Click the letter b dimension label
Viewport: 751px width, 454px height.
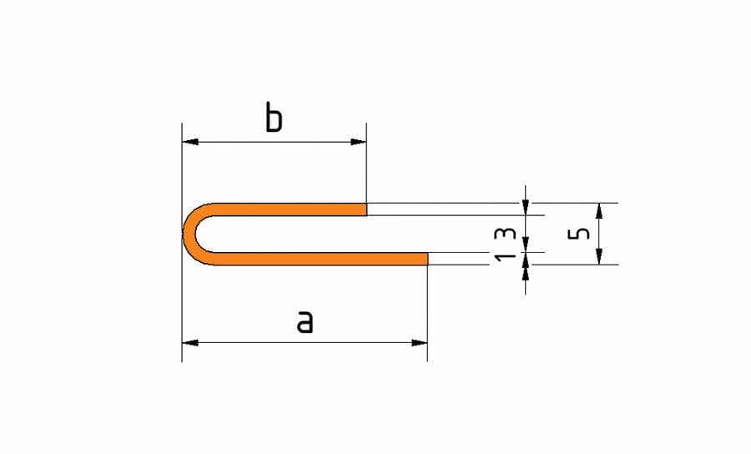tap(274, 119)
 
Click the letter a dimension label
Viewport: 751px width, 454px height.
tap(305, 320)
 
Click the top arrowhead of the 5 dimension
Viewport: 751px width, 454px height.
tap(598, 209)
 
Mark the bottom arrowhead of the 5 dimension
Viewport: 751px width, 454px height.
tap(598, 258)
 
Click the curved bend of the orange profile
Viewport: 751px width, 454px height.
tap(191, 234)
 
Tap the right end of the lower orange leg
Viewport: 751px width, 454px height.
tap(426, 259)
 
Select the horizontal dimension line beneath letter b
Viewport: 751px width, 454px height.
tap(274, 142)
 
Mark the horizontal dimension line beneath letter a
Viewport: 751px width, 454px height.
tap(305, 342)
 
